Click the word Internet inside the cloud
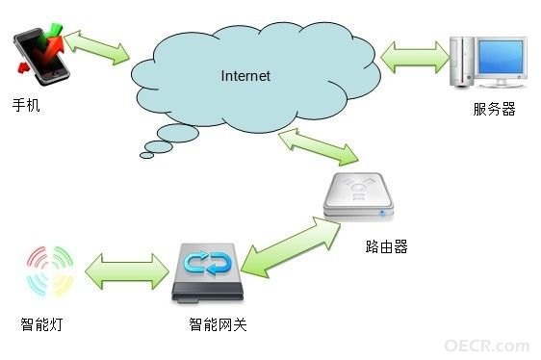coord(245,76)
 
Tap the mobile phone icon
coord(40,55)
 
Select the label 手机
coord(26,105)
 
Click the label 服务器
coord(494,109)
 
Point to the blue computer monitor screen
coord(501,57)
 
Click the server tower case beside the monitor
coord(461,62)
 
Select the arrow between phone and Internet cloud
coord(96,47)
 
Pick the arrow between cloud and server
coord(416,58)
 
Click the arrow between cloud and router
coord(319,146)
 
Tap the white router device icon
coord(358,195)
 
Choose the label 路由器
coord(386,246)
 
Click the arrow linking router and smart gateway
coord(291,246)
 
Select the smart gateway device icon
coord(207,273)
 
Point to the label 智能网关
coord(218,324)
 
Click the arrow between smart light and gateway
coord(127,271)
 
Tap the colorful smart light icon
coord(50,271)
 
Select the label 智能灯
coord(41,324)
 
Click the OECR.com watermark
coord(487,346)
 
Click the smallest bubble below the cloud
coord(146,155)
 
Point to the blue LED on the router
coord(382,213)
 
